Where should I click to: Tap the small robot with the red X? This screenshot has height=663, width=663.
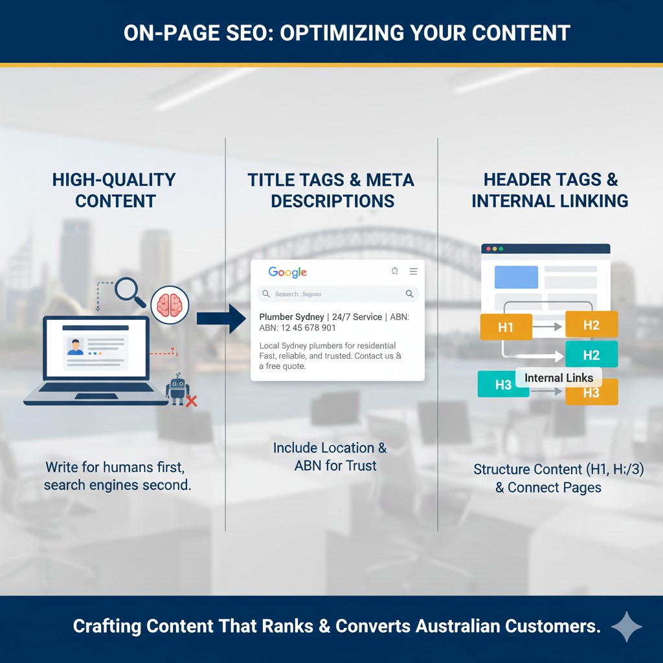coord(178,390)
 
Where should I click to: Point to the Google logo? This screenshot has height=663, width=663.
coord(287,273)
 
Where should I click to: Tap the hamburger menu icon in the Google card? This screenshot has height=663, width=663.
coord(413,272)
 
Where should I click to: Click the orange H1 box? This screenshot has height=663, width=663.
coord(506,327)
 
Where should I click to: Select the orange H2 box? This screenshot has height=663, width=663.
coord(591,324)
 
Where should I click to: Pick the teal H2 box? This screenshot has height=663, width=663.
coord(591,354)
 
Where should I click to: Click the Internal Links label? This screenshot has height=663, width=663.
coord(558,377)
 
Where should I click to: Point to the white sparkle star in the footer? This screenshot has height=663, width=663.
coord(627,627)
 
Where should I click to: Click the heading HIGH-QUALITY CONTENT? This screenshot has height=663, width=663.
coord(114,190)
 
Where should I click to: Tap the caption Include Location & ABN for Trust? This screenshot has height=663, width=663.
coord(330,456)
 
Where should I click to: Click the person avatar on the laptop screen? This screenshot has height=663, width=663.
coord(76,346)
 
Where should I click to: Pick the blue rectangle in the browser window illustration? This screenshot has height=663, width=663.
coord(516,277)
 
